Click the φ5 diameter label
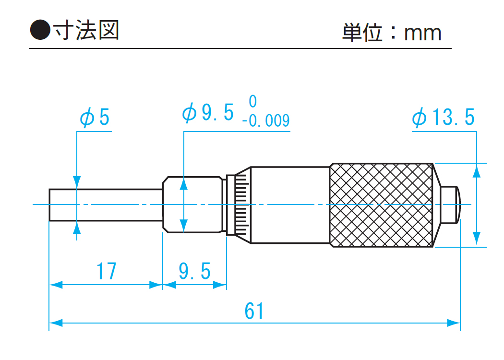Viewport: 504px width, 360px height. (95, 117)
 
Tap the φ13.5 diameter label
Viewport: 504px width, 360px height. (443, 118)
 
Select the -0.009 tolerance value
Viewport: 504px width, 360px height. (266, 120)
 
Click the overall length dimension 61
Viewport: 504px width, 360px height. (254, 312)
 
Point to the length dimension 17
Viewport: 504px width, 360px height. (106, 272)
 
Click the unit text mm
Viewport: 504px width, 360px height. (422, 33)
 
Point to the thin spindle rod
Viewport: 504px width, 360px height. (106, 205)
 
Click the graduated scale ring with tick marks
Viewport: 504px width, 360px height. (239, 205)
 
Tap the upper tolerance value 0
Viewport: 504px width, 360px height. (253, 101)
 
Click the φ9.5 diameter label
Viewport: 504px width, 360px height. (208, 113)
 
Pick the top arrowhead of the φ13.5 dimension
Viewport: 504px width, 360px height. (477, 169)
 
